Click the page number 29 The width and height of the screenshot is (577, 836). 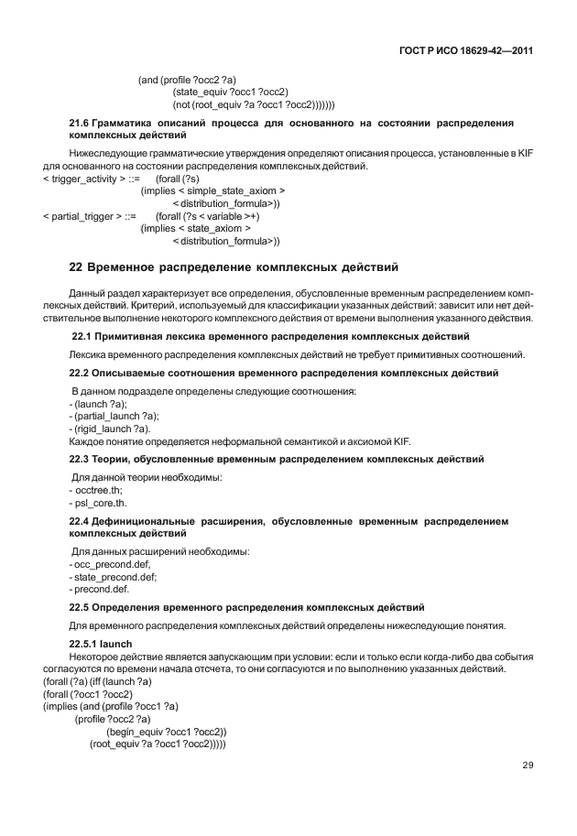tap(527, 764)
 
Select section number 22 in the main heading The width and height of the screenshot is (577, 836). tap(76, 267)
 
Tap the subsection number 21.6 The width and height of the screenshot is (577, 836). tap(80, 122)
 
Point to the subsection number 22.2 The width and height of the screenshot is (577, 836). tap(81, 373)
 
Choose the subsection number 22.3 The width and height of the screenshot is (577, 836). tap(81, 458)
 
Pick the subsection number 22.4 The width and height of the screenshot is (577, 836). tap(81, 520)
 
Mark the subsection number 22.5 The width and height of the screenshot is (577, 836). tap(81, 606)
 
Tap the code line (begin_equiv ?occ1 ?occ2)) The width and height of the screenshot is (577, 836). tap(166, 732)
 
